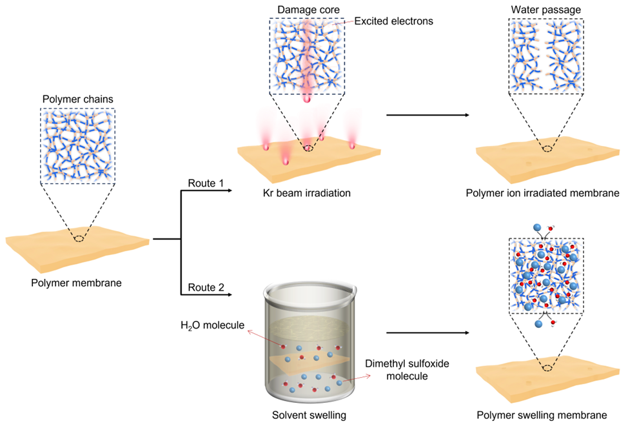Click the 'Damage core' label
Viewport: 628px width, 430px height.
click(x=307, y=9)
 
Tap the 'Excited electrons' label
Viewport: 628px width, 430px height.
click(x=393, y=21)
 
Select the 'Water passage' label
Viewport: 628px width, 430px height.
click(x=546, y=9)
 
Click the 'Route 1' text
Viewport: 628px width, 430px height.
click(x=206, y=183)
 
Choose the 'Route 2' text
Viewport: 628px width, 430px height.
click(x=206, y=287)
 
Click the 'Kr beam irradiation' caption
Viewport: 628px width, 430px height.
click(x=307, y=193)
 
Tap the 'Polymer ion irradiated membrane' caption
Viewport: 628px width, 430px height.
click(x=547, y=193)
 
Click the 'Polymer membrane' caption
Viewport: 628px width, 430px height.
click(x=77, y=282)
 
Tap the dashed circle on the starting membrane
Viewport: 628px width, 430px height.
click(x=79, y=239)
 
